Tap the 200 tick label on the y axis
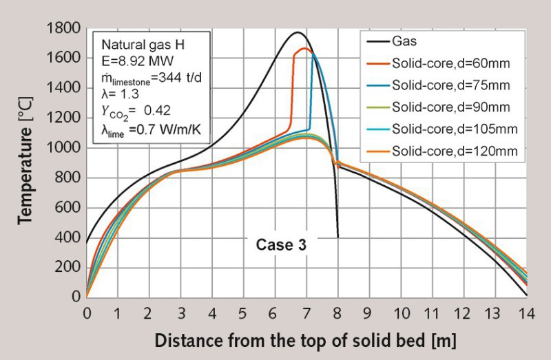click(67, 267)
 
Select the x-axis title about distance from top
click(305, 341)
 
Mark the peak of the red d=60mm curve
click(305, 49)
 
